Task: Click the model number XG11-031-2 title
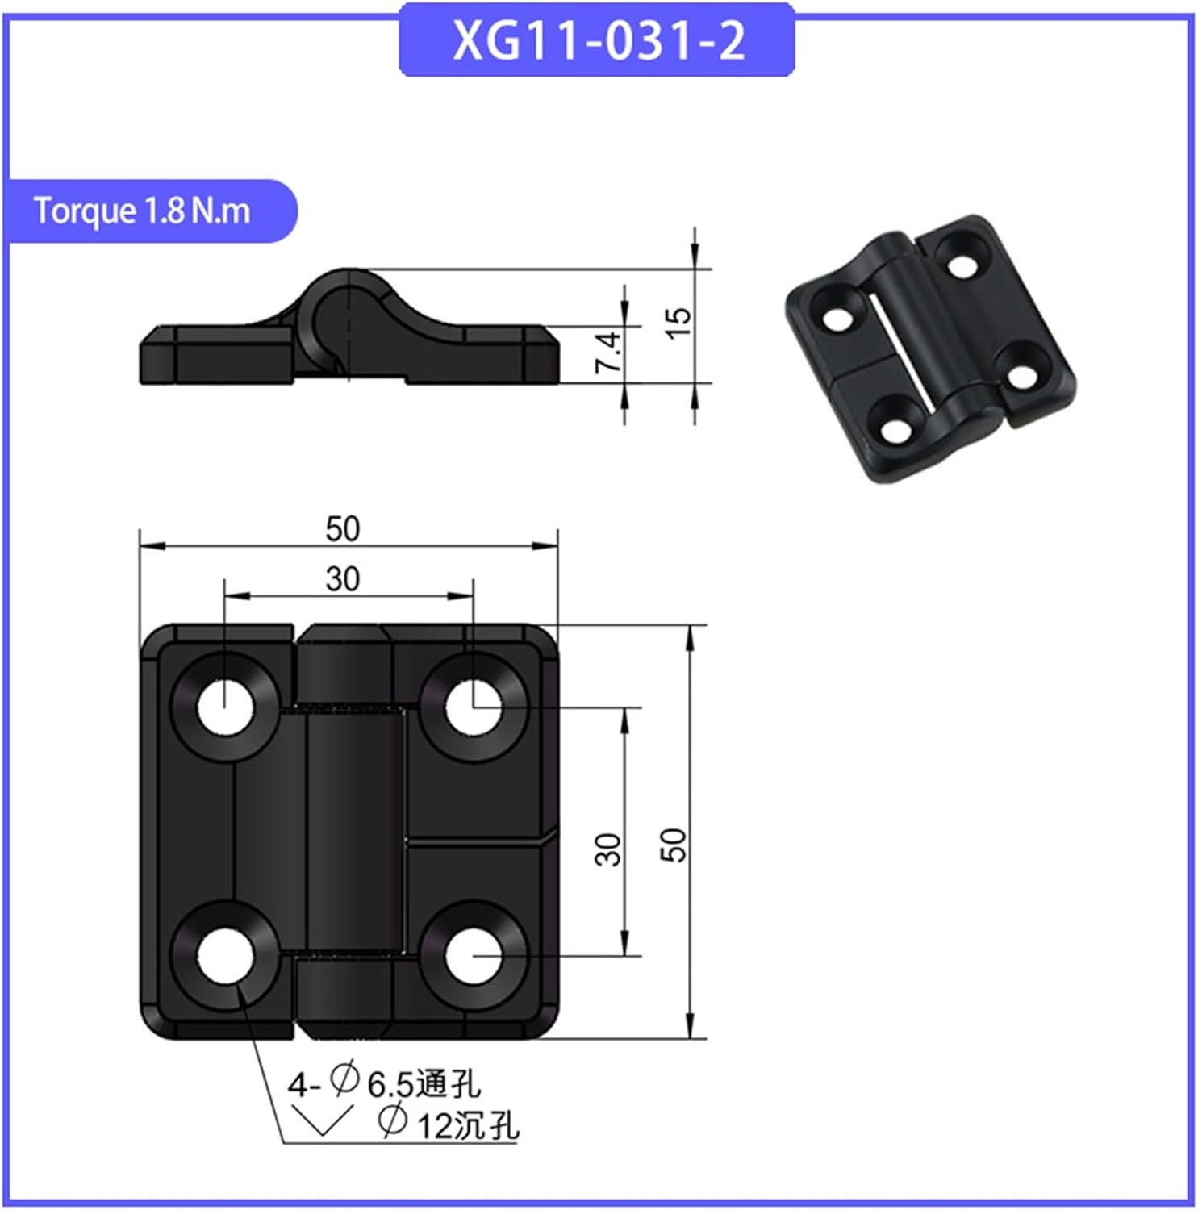597,40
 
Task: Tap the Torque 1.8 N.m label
142,211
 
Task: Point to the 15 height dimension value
680,322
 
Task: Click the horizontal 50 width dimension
342,530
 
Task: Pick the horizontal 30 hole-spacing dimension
342,579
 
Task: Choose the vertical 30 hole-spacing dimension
609,849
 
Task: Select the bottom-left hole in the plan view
225,955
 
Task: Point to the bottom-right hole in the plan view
473,955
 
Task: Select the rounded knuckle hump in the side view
347,298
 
